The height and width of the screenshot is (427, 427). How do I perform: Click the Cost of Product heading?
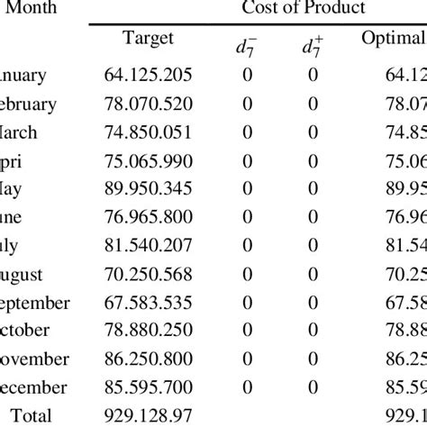[x=304, y=8]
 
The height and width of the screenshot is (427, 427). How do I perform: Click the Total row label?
[x=28, y=415]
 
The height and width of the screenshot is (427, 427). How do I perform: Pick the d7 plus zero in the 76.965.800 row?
[x=312, y=217]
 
